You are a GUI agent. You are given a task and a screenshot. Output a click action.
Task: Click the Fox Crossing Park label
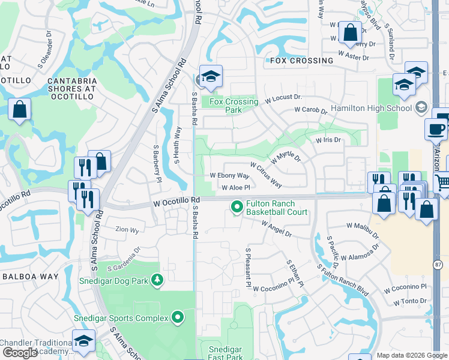point(234,106)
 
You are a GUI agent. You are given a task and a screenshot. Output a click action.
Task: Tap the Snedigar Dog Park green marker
point(157,280)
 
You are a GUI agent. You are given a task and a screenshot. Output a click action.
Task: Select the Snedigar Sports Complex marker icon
point(178,317)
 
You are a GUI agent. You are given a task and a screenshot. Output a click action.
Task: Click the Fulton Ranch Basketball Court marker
point(237,208)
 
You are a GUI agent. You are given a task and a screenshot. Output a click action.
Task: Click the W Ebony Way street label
point(229,176)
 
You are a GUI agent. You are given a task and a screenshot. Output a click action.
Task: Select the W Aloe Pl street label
point(235,188)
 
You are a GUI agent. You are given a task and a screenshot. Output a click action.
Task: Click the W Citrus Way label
point(266,174)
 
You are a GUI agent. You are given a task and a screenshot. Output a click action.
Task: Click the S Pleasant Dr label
point(247,265)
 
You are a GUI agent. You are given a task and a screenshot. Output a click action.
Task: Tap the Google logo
point(20,353)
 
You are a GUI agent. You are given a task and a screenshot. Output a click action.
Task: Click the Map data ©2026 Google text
point(412,355)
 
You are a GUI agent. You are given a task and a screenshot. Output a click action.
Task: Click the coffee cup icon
point(435,128)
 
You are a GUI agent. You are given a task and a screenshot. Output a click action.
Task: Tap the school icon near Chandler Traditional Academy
point(83,341)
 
